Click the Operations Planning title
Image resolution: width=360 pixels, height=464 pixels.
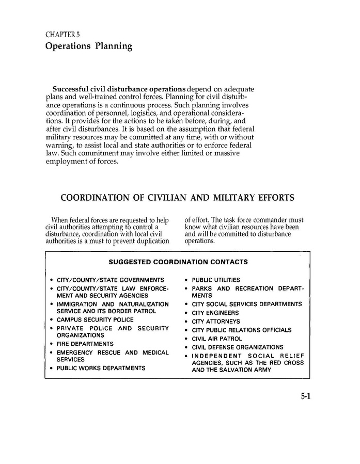pos(89,46)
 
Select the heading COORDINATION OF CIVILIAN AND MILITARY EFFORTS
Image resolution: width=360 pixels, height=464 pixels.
pos(178,197)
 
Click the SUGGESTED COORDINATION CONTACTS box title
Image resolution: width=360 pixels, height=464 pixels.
pos(178,262)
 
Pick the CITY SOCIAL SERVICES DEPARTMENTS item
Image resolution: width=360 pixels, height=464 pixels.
pos(247,304)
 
